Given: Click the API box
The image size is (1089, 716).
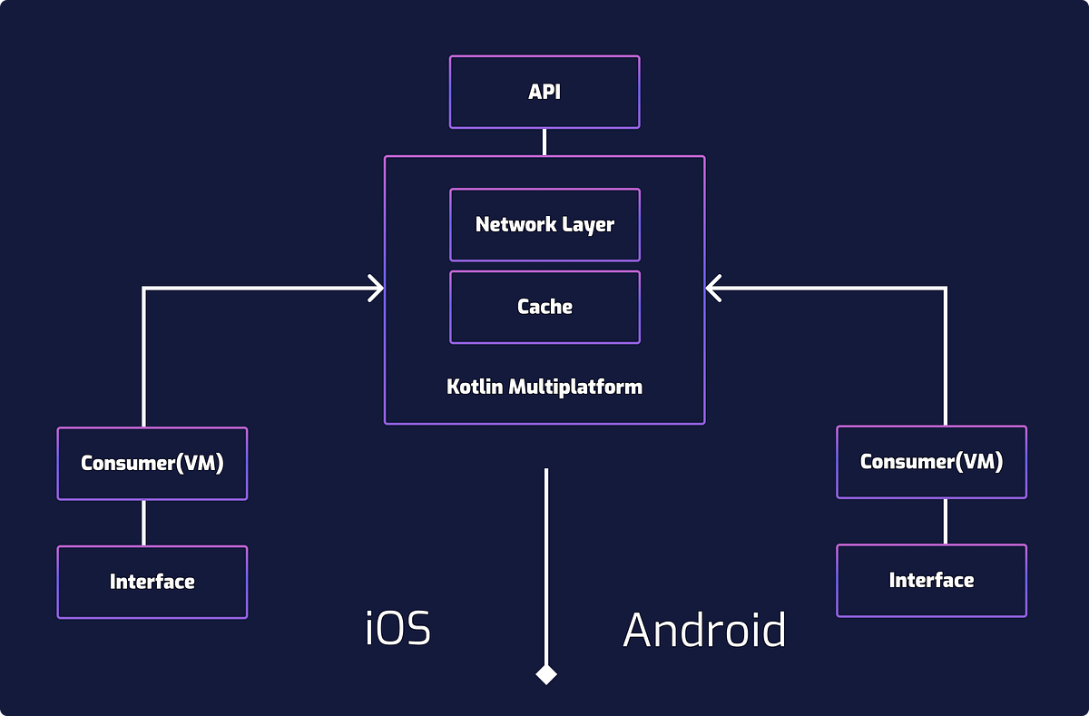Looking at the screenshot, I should (544, 92).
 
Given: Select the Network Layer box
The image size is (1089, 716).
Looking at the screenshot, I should (544, 224).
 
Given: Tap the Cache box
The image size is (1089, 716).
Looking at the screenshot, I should (544, 307).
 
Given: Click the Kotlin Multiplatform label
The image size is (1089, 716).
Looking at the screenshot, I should (544, 387).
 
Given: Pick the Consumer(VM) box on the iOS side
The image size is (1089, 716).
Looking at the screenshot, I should (152, 463).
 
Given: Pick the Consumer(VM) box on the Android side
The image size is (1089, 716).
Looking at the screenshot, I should (931, 462).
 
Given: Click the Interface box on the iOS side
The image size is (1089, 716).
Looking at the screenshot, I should (152, 582).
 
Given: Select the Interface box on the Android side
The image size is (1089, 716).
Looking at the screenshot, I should (931, 581).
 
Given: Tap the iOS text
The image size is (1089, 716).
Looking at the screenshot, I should (397, 629).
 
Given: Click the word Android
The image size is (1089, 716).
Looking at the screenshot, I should (704, 629).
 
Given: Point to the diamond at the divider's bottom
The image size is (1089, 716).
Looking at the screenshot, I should (545, 674).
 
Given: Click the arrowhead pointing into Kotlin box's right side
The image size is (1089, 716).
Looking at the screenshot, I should (714, 289).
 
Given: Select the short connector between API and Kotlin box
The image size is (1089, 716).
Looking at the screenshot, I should (544, 142).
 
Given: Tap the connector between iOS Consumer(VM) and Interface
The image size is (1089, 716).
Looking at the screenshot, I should (143, 523).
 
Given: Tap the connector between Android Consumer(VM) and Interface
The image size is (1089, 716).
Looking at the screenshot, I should (946, 521).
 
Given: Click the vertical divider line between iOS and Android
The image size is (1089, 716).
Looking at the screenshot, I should (545, 563).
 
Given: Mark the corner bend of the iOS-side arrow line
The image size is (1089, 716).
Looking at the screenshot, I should (144, 289).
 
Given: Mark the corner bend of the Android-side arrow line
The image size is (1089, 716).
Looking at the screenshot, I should (946, 289).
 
